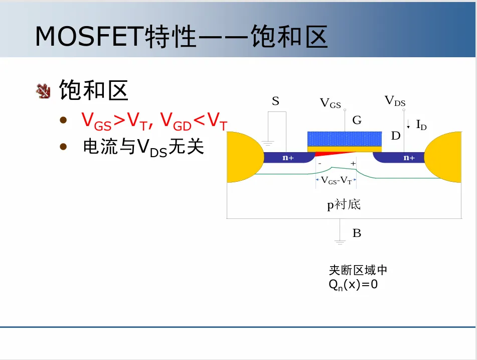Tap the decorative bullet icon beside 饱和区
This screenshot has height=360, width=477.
tap(44, 91)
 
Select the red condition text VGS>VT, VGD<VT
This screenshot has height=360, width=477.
tap(154, 121)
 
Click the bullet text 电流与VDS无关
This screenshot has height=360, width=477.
tap(143, 148)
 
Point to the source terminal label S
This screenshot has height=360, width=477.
tap(275, 101)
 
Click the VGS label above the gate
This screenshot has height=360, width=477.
tap(330, 103)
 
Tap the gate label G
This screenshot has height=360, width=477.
tap(357, 121)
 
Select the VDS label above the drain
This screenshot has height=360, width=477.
tap(395, 101)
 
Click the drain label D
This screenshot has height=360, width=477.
tap(396, 136)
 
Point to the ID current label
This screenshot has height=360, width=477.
tap(421, 125)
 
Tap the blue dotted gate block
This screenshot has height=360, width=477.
tap(344, 139)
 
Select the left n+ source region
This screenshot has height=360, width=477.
tap(288, 158)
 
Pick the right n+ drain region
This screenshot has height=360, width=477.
tap(409, 158)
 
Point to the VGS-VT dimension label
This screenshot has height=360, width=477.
tap(336, 180)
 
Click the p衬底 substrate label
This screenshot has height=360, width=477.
tap(344, 205)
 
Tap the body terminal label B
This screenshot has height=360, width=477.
tap(357, 233)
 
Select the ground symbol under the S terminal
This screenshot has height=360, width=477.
tap(268, 143)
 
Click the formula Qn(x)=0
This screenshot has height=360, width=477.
tap(353, 285)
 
